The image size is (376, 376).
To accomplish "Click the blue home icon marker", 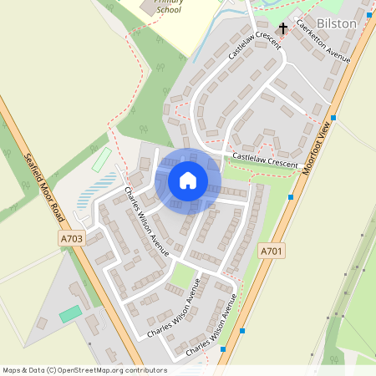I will coord(188,180).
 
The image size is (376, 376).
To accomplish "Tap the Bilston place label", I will coord(337,23).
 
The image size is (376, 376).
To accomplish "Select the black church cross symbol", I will coord(283,29).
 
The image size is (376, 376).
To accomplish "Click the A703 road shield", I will coord(72,239).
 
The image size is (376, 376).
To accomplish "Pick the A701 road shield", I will coord(271,251).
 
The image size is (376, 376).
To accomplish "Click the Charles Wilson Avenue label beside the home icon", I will coord(146,221).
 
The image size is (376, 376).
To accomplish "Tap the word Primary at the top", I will coord(171,3).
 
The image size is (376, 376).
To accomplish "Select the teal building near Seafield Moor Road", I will coord(70,313).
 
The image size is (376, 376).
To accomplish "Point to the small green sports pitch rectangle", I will coord(100,159).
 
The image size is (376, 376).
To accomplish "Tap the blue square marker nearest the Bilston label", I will coord(334,118).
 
